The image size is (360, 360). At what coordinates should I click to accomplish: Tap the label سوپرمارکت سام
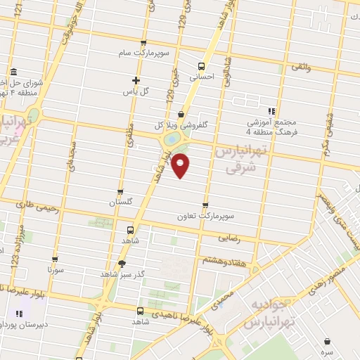(143, 53)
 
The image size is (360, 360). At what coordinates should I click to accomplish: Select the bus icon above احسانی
(201, 67)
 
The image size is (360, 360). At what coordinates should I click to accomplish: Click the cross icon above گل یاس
(136, 80)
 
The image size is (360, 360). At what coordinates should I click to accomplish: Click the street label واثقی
(300, 67)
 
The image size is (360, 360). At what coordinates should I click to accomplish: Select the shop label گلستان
(121, 202)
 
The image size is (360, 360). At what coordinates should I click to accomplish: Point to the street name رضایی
(230, 239)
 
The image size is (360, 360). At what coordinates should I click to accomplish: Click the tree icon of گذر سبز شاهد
(123, 264)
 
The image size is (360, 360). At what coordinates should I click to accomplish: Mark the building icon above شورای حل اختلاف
(15, 72)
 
